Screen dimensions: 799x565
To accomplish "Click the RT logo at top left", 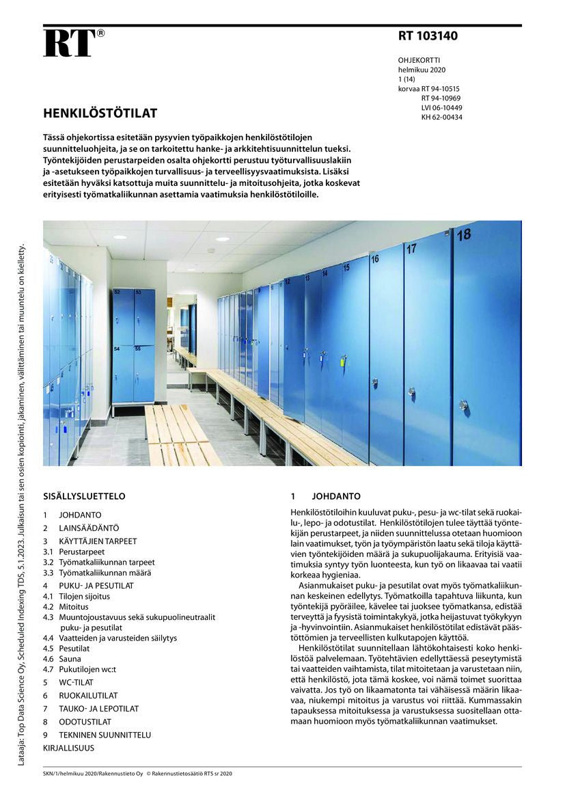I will click(x=69, y=43).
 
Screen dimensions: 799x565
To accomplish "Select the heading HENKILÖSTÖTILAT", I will click(x=100, y=113).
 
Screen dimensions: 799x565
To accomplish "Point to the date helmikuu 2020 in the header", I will click(x=422, y=70).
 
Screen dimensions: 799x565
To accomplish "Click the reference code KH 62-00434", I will click(x=441, y=117).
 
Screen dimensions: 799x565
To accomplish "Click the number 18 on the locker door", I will click(x=463, y=235).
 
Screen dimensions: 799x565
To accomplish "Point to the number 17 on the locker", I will click(x=411, y=249).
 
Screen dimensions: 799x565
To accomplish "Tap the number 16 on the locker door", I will click(x=375, y=260).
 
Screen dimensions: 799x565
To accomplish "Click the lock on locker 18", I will click(x=463, y=405).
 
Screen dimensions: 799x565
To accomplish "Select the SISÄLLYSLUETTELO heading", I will click(x=84, y=496).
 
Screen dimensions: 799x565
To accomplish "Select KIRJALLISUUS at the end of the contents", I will click(x=68, y=748).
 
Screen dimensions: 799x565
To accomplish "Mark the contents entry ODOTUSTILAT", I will click(x=85, y=722).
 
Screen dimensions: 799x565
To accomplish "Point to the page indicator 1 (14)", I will click(x=406, y=79).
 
